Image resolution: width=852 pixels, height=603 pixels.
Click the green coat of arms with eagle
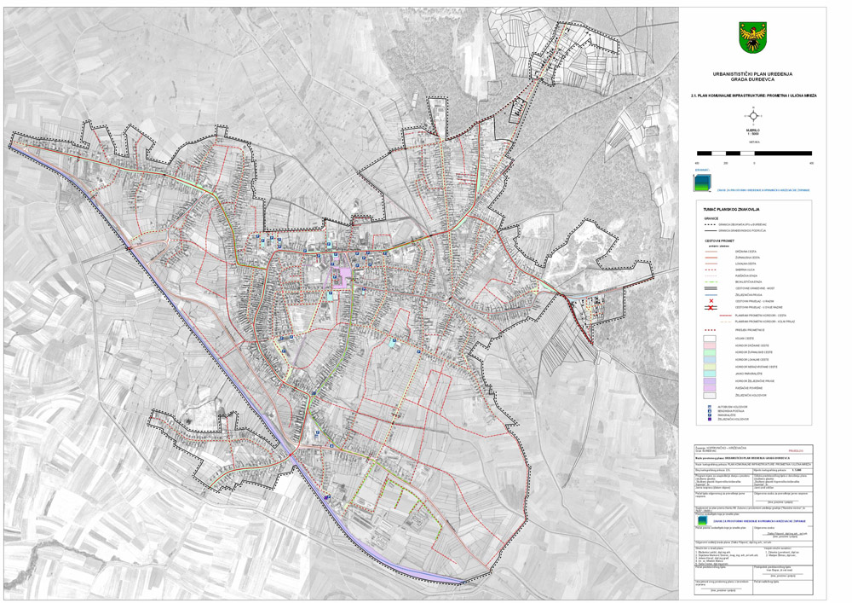pos(752,37)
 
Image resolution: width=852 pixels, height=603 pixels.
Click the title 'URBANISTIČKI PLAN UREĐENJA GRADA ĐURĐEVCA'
pos(752,78)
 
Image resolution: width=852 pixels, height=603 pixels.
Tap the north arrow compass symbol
pos(752,116)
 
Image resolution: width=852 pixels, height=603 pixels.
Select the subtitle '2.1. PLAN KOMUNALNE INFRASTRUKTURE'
pos(752,96)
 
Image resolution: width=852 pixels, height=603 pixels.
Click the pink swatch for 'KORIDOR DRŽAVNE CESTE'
pos(709,345)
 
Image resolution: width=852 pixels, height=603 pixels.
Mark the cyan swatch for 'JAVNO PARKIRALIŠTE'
pos(709,373)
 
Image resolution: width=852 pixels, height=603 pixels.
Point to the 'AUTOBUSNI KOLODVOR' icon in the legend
pos(710,407)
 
